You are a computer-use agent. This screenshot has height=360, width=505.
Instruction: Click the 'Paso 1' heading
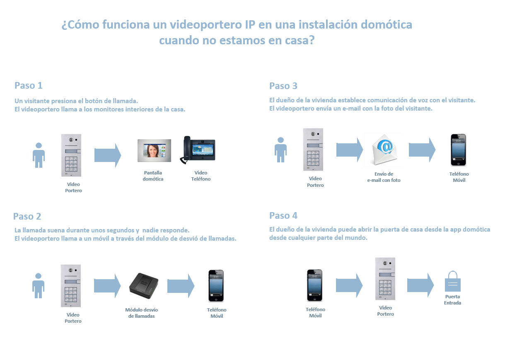(x=29, y=85)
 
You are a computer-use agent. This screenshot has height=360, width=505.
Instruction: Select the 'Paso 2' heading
(x=27, y=216)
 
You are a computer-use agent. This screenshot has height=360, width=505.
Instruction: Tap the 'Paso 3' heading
(x=283, y=86)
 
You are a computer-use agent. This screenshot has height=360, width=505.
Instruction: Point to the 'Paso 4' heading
(x=283, y=215)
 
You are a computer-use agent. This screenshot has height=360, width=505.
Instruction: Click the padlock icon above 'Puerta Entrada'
(x=452, y=281)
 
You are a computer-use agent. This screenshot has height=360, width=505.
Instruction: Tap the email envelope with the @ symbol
(x=384, y=150)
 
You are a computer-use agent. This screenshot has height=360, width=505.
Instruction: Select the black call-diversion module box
(x=144, y=285)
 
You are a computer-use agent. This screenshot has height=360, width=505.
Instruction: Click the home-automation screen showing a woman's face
(x=154, y=150)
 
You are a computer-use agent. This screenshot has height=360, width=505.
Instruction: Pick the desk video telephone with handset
(x=198, y=150)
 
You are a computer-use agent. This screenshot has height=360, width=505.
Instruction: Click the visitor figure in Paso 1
(x=39, y=155)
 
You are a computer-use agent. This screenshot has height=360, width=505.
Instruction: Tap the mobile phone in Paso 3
(x=458, y=150)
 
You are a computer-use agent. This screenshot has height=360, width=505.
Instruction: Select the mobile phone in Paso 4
(x=314, y=285)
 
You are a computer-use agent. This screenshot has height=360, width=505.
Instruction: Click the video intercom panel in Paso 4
(x=385, y=279)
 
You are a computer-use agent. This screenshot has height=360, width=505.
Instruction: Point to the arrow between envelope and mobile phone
(x=422, y=150)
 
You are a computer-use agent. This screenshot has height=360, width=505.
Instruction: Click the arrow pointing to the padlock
(x=420, y=285)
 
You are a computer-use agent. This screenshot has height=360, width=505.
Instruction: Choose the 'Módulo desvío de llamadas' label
(x=141, y=313)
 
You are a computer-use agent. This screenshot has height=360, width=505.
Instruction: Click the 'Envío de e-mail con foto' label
(x=384, y=177)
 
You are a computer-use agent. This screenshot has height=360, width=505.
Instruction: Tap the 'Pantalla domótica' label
(x=153, y=176)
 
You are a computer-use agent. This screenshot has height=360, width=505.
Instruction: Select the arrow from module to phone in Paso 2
(x=181, y=286)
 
